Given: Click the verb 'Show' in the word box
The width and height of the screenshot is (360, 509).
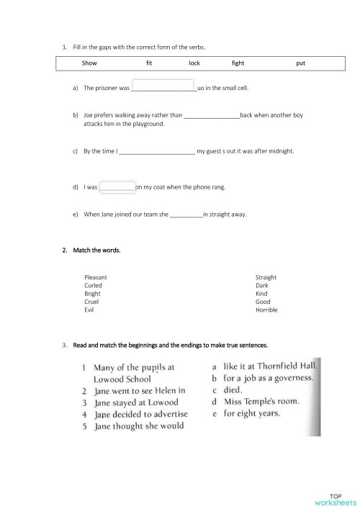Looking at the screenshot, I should [x=90, y=63].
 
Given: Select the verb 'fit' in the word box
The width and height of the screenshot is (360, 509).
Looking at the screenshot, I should [x=149, y=63].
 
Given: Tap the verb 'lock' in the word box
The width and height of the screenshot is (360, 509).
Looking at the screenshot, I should [x=194, y=63].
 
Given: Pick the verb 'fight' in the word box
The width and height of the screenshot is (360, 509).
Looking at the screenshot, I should [x=238, y=63].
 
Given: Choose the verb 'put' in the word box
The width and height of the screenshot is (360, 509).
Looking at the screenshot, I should [x=300, y=63].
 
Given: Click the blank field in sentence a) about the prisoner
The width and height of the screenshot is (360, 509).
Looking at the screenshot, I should [x=163, y=88].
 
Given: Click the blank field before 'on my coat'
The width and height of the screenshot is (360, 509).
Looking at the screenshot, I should [x=117, y=187].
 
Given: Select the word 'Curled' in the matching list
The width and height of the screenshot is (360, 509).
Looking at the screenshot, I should [x=93, y=285].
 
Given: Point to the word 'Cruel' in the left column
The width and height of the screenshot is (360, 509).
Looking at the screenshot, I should [x=91, y=302].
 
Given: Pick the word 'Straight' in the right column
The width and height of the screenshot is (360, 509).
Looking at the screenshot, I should [x=266, y=277].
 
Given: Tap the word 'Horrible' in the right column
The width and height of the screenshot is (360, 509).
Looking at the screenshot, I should [x=266, y=310].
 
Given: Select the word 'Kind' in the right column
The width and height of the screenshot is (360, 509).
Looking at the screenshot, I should [x=261, y=294].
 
